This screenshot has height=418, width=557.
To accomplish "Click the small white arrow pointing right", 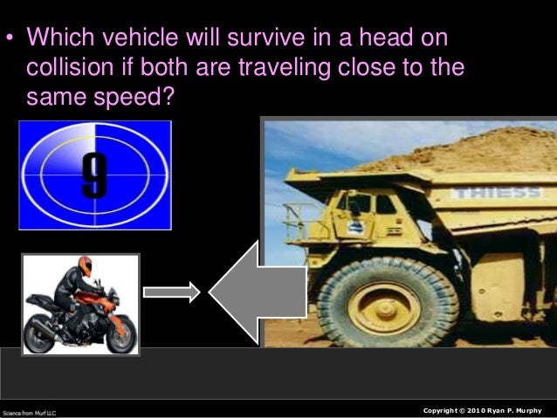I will (x=171, y=293).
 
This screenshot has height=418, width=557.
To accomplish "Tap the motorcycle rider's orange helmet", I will (x=85, y=266).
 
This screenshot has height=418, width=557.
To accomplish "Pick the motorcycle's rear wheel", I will (x=40, y=335).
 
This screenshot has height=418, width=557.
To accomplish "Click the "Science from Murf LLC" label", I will (x=29, y=411).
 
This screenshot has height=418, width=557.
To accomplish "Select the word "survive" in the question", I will (x=255, y=39).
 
